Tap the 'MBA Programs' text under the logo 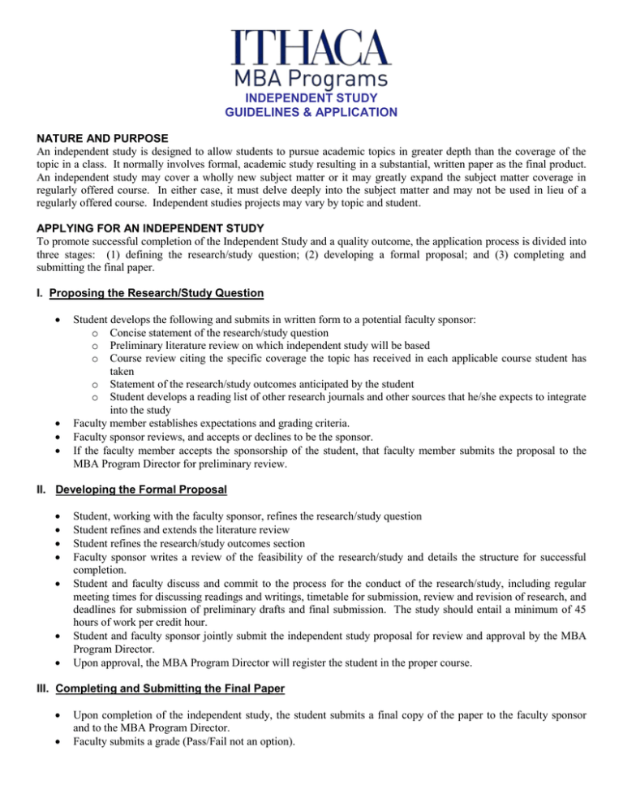(x=311, y=81)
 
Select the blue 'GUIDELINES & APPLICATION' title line (x=311, y=112)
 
